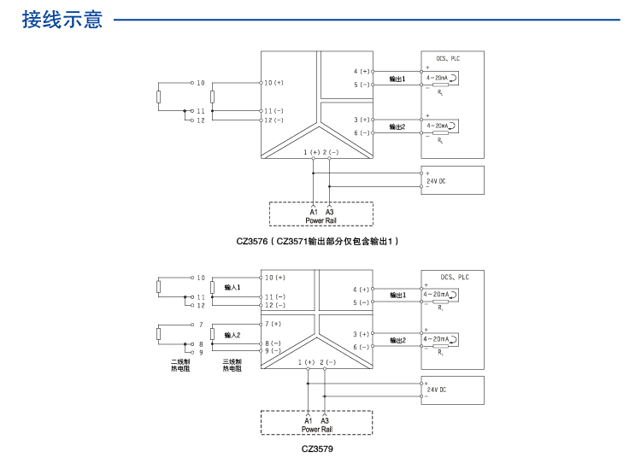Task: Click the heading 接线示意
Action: pyautogui.click(x=62, y=19)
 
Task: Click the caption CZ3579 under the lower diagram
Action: pyautogui.click(x=317, y=448)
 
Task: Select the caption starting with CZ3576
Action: pyautogui.click(x=318, y=242)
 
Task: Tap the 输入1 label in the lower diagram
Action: pyautogui.click(x=232, y=288)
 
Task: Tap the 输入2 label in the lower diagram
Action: pyautogui.click(x=232, y=335)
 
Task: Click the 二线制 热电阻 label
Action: pyautogui.click(x=180, y=365)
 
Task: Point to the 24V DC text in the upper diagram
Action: pyautogui.click(x=436, y=181)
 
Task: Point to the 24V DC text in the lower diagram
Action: pyautogui.click(x=436, y=390)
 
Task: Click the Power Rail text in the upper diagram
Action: pyautogui.click(x=320, y=220)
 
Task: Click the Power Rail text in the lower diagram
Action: pyautogui.click(x=316, y=430)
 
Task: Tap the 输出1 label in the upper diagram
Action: pyautogui.click(x=397, y=79)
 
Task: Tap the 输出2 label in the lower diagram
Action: pyautogui.click(x=397, y=340)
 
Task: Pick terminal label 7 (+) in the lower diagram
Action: pyautogui.click(x=273, y=325)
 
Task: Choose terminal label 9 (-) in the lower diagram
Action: pyautogui.click(x=273, y=351)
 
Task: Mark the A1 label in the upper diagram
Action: pyautogui.click(x=313, y=212)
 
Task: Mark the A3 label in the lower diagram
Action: pyautogui.click(x=325, y=421)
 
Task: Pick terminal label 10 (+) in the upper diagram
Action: pyautogui.click(x=274, y=83)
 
